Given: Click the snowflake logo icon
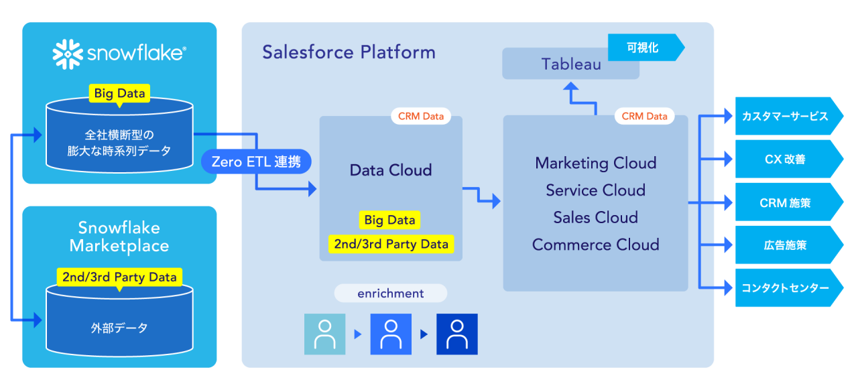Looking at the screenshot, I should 68,54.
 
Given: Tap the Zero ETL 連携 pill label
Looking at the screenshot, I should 256,161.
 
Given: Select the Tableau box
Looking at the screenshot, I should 570,64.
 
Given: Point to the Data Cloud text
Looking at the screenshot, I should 391,170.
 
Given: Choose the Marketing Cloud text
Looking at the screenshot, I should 595,163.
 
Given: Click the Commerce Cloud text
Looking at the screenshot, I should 595,245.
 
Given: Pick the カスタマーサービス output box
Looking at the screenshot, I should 786,116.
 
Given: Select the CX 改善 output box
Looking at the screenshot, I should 786,159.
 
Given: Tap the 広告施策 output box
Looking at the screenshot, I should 786,245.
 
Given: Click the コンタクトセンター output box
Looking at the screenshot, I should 786,288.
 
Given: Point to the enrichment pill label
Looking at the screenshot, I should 391,294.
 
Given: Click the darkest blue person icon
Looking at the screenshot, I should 457,334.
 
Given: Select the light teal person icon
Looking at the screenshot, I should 325,334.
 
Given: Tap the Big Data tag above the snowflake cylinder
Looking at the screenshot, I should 120,93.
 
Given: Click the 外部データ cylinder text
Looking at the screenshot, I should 119,328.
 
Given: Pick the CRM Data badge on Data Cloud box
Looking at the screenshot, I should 421,116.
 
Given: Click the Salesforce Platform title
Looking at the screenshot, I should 349,52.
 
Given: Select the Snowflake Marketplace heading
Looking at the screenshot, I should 119,237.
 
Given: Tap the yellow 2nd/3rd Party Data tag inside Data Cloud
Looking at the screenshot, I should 391,244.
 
